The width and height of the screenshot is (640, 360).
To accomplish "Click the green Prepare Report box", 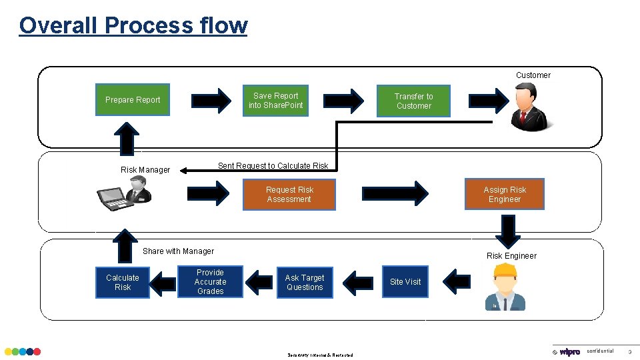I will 133,100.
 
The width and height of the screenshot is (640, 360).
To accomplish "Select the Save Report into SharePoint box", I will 276,101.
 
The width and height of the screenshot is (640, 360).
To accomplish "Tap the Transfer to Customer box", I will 413,101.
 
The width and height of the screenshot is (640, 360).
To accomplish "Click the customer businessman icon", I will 528,109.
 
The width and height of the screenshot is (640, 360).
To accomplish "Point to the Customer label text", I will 533,75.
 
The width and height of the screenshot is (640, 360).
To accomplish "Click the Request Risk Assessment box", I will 289,195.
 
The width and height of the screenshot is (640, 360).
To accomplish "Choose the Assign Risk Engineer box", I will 505,195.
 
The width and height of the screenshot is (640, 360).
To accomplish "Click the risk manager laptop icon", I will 125,194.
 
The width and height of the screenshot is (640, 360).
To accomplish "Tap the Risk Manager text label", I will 145,170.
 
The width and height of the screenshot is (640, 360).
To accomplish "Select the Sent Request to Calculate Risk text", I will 273,166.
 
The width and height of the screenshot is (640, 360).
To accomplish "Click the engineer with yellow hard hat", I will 505,287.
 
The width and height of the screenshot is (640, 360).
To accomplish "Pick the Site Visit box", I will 405,282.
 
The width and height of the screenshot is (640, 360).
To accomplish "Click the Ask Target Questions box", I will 305,283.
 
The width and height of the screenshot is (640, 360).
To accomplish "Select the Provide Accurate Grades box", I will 210,282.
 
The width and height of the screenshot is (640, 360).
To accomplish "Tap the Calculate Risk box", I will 123,283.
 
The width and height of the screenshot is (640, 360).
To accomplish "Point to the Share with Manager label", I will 178,251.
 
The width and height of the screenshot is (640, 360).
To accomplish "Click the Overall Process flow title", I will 133,25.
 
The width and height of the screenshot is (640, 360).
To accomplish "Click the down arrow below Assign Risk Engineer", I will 508,231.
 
